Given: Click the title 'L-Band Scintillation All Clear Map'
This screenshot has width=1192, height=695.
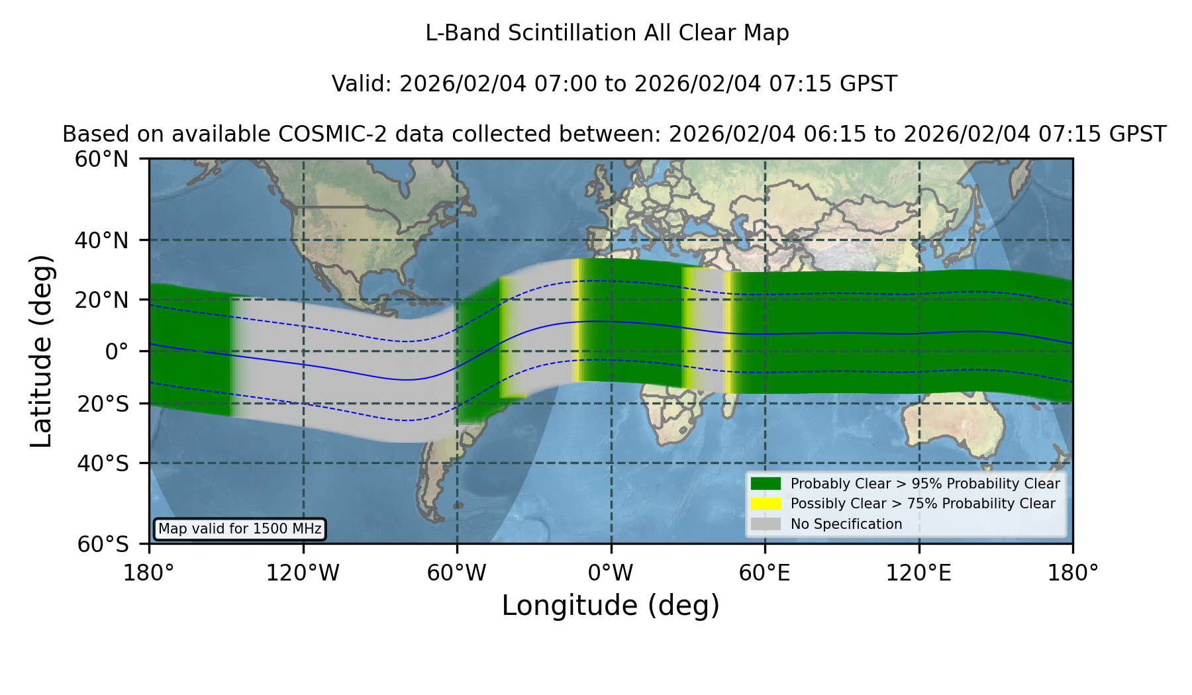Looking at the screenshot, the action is point(607,33).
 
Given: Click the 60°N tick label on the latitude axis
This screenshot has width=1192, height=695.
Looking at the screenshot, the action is point(101,159).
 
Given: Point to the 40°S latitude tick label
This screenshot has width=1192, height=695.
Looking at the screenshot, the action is point(103,463).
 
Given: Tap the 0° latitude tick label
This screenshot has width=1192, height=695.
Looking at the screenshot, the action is point(117,351).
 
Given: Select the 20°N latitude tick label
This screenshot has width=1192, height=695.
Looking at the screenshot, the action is point(101,300).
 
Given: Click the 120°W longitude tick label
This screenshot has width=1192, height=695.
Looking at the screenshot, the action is point(303,573).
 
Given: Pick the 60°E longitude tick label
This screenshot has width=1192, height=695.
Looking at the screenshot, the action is point(765,573).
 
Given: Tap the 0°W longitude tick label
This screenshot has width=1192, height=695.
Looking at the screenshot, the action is point(611,573).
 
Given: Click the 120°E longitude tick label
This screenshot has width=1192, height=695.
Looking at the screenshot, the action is point(919,573).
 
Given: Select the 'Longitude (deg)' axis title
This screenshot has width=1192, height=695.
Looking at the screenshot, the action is point(611,606).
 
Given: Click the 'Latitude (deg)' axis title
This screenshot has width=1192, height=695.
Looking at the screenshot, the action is point(41,351).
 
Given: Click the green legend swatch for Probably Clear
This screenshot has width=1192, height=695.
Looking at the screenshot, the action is point(766,483).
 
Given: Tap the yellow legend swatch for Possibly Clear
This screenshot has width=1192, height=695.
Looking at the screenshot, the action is point(766,504).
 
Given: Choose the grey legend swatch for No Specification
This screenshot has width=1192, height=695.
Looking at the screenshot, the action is point(766,524).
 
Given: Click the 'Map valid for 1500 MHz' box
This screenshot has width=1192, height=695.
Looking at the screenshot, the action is point(240,529).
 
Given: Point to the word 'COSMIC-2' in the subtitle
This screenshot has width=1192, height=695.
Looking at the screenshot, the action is point(321,134).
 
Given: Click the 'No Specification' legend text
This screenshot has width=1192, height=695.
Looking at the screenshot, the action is point(846,524).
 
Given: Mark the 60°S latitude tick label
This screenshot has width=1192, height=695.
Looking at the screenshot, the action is point(103,544).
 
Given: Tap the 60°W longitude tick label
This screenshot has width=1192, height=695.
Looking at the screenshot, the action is point(457,573).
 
